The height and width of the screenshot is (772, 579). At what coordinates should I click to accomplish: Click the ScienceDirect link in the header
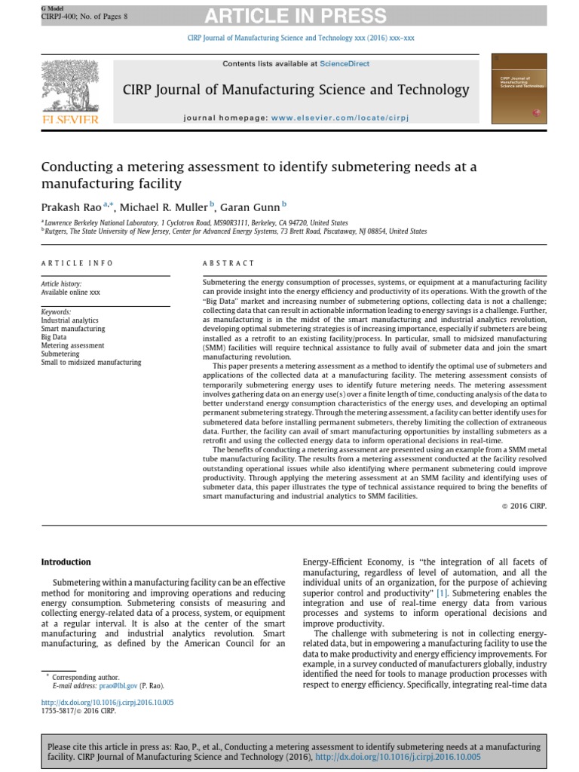tap(345, 64)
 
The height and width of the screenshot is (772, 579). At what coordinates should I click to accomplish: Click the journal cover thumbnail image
tap(519, 89)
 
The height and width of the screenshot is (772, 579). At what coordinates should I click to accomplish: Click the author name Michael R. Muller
tap(164, 207)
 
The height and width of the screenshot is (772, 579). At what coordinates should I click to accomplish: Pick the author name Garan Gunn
tap(251, 207)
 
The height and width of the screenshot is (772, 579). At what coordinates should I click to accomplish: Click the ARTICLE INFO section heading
tap(77, 263)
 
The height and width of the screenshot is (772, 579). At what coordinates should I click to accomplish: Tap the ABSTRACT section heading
tap(228, 263)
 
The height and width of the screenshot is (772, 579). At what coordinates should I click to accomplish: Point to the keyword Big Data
tap(54, 337)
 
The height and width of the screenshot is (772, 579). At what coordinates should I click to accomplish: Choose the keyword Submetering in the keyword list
tap(60, 354)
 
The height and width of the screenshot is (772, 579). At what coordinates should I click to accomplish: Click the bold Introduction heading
tap(66, 562)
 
